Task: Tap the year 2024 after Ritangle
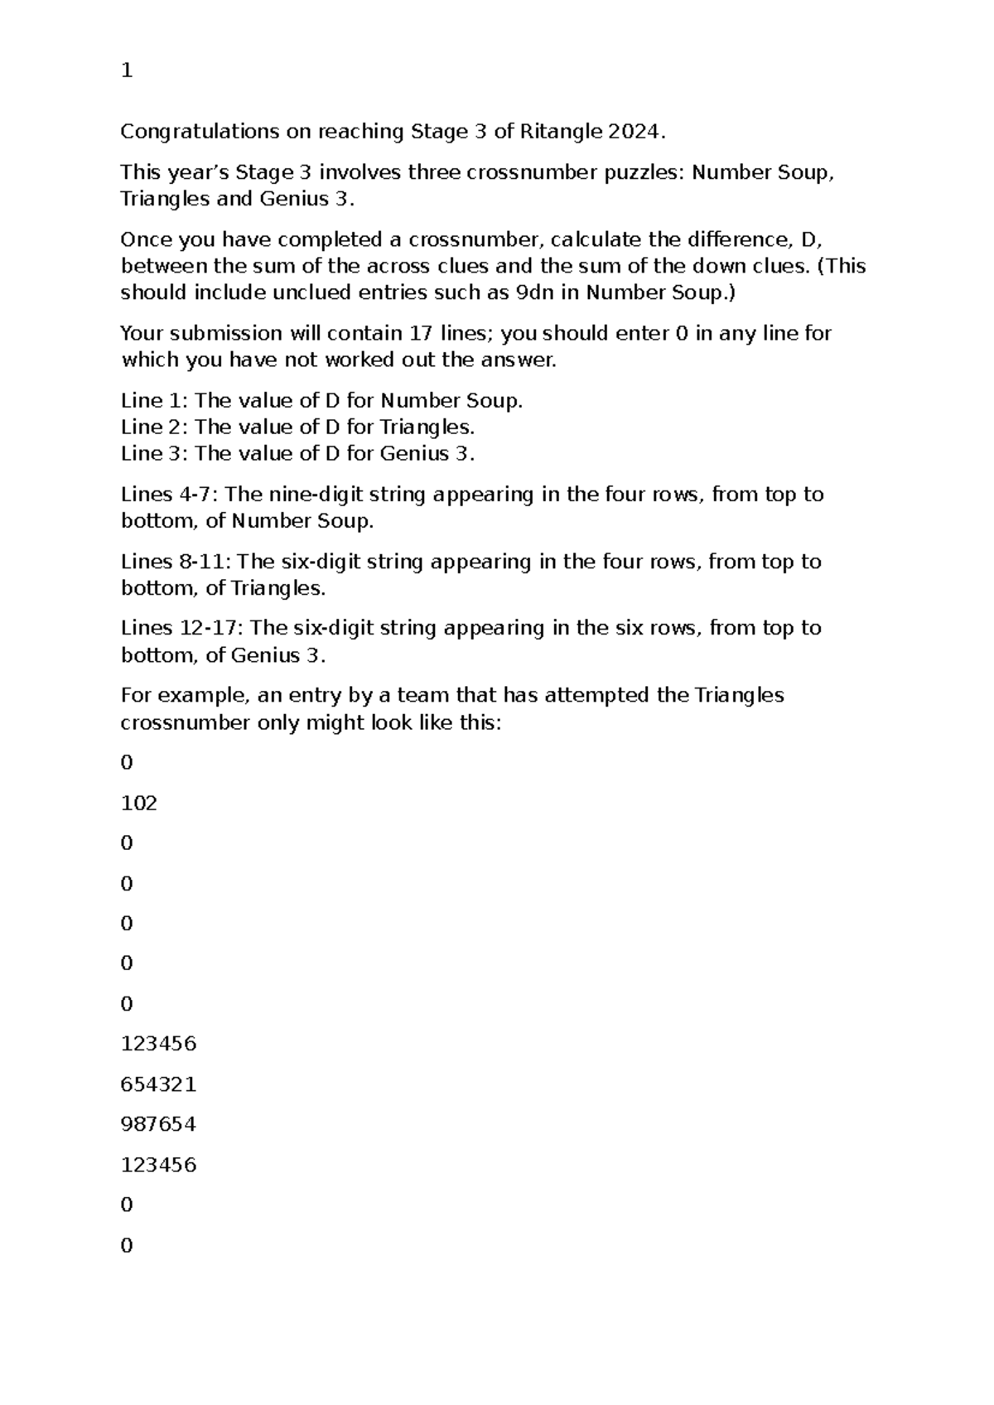pyautogui.click(x=635, y=132)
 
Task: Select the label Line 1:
pyautogui.click(x=154, y=401)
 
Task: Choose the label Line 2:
pyautogui.click(x=154, y=427)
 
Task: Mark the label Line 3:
pyautogui.click(x=154, y=454)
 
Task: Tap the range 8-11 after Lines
pyautogui.click(x=201, y=562)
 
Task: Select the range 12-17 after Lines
pyautogui.click(x=208, y=628)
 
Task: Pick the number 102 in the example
pyautogui.click(x=138, y=804)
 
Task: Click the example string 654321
pyautogui.click(x=158, y=1084)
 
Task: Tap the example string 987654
pyautogui.click(x=158, y=1125)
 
